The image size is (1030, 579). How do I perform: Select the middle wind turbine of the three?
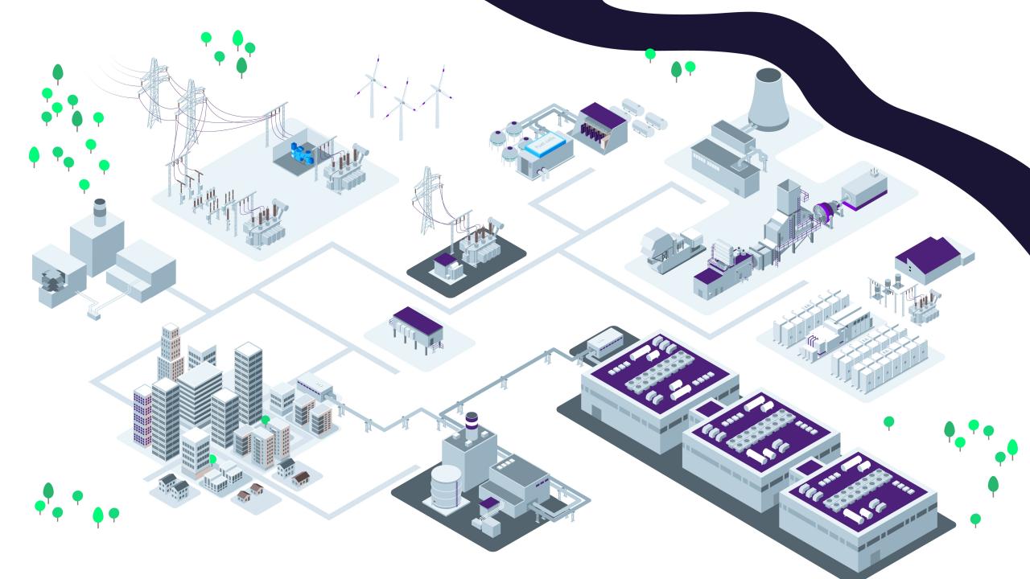400,109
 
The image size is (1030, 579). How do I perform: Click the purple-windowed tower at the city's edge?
142,414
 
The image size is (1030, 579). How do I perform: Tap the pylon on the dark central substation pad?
426,201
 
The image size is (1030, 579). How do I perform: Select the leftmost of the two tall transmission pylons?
153,92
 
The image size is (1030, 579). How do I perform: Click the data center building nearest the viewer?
857,503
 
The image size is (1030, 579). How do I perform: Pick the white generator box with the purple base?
865,187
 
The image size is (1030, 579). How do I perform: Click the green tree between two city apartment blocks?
266,420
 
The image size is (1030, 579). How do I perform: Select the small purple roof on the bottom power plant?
489,503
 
